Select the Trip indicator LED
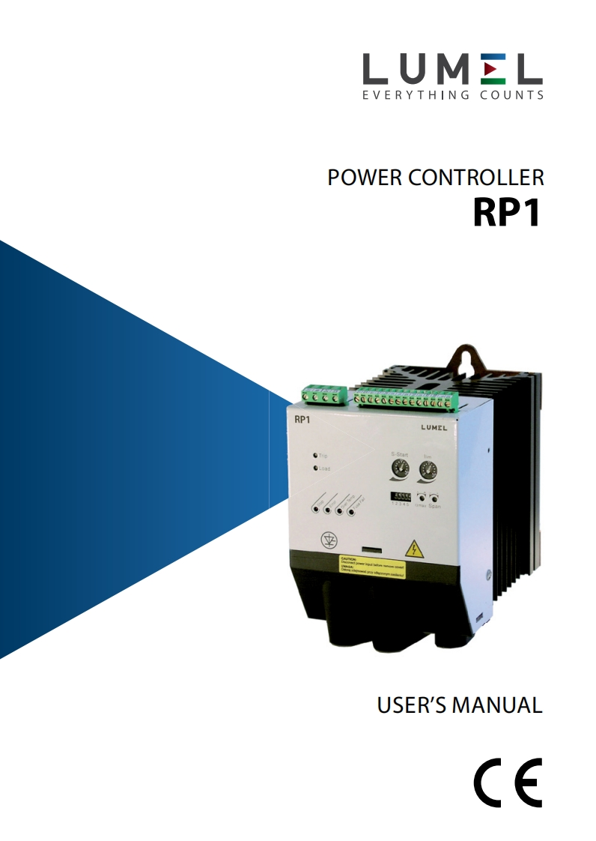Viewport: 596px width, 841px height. (316, 455)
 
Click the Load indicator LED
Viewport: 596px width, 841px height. (316, 468)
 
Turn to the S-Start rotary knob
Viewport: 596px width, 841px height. (398, 470)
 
